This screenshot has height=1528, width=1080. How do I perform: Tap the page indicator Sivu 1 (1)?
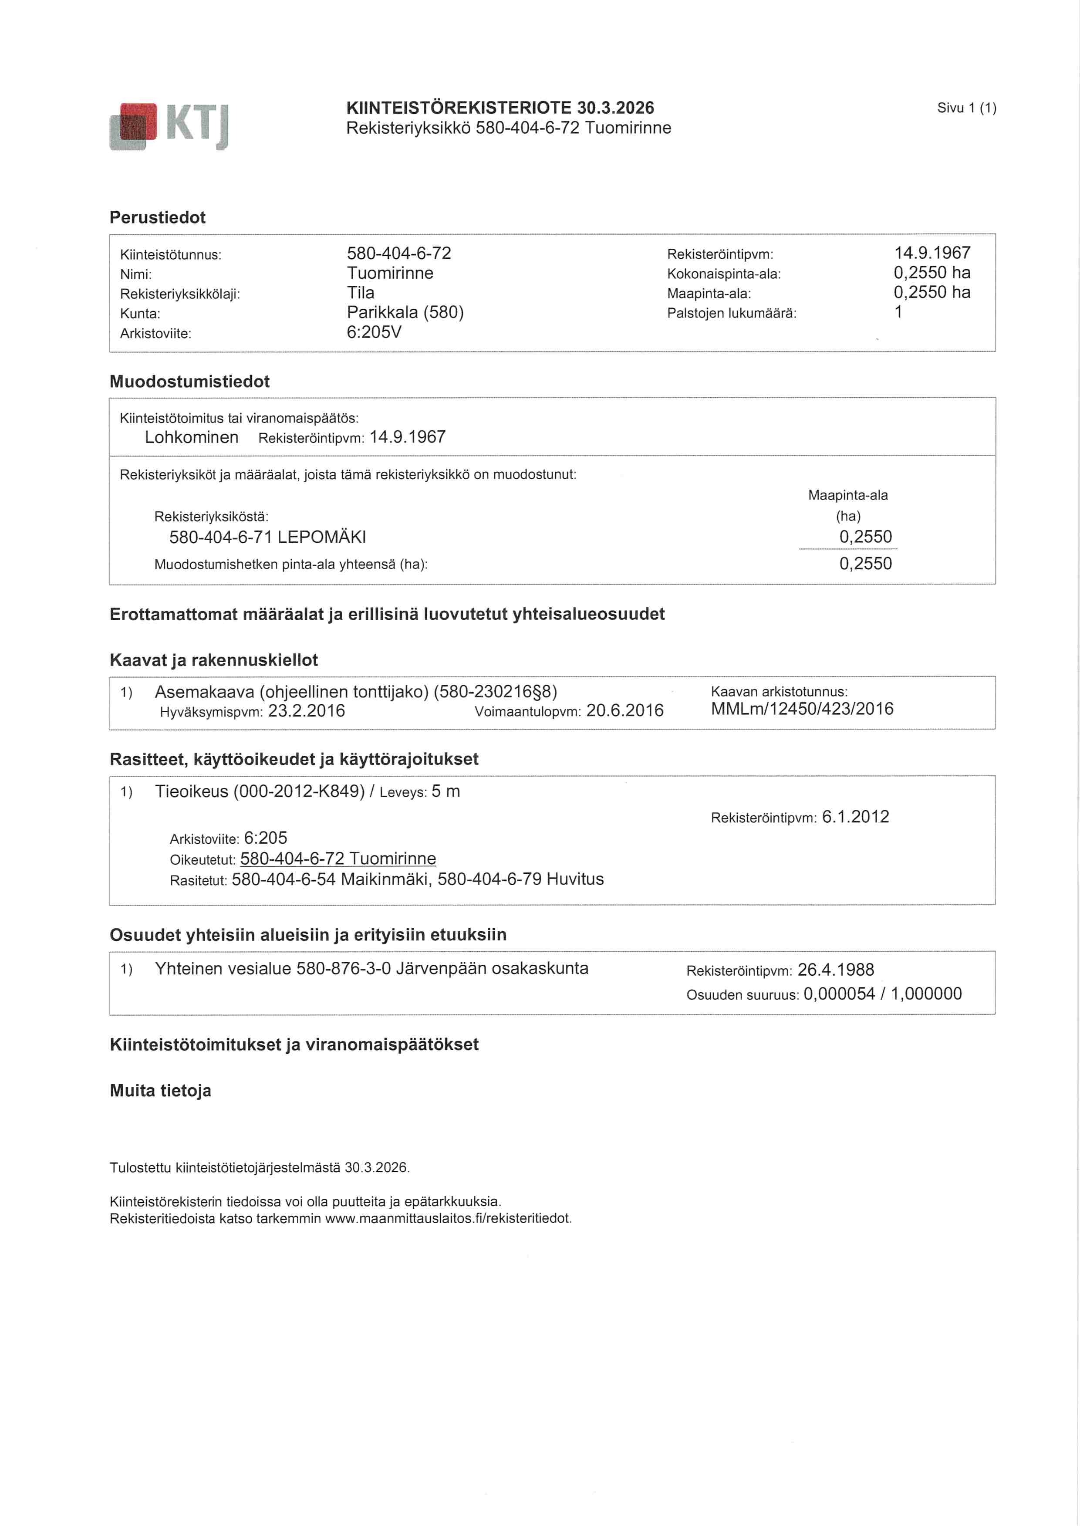[x=966, y=108]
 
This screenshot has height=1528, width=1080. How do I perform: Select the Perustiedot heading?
[x=158, y=218]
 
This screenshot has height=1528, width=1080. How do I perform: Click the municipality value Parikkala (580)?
[x=405, y=312]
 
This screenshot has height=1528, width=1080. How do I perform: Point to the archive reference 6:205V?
[x=374, y=332]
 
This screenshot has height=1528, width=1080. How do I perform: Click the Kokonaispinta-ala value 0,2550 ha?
[x=931, y=273]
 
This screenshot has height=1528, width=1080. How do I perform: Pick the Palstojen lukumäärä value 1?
[x=898, y=312]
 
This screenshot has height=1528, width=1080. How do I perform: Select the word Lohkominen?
[x=192, y=437]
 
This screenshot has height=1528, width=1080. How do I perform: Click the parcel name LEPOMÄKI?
[x=321, y=537]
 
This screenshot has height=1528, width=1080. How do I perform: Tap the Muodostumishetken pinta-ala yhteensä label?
[x=291, y=565]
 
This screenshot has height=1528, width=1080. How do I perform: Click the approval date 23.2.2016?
[x=306, y=711]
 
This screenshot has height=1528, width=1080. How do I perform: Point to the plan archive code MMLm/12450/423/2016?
[x=802, y=709]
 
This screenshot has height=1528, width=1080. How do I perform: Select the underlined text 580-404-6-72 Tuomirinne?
[x=338, y=859]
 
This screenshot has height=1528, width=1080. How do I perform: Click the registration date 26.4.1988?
[x=836, y=970]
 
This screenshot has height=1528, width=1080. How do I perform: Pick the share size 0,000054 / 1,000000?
[x=882, y=994]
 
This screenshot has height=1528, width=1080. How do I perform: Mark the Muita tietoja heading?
[x=160, y=1091]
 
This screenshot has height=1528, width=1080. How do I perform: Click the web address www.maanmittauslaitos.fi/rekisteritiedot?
[x=448, y=1219]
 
